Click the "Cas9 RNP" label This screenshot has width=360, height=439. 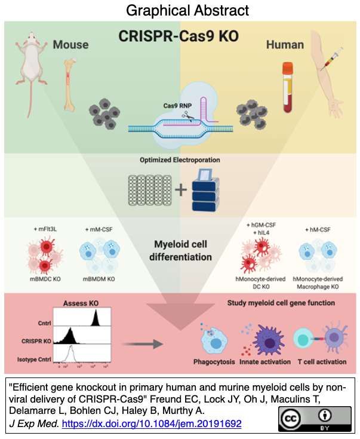[177, 106]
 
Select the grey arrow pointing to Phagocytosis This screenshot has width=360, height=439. [146, 344]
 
